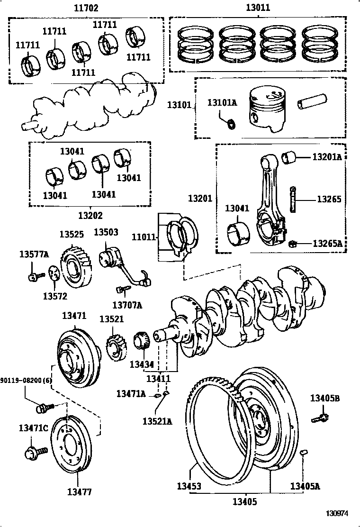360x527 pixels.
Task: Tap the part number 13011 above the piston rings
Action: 258,8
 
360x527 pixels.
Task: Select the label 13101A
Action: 222,102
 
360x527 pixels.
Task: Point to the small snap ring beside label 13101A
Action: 231,124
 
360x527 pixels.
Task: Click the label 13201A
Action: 326,157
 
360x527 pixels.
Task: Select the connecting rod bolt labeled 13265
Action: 294,200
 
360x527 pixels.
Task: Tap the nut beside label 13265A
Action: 293,244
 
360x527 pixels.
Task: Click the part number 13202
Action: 90,215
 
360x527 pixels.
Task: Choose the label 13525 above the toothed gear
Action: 72,234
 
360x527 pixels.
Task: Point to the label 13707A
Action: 127,305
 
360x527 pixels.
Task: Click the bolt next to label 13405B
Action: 320,418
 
